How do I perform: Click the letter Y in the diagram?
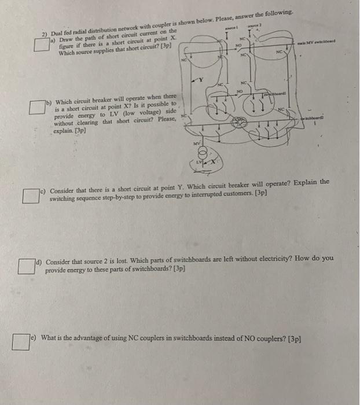pyautogui.click(x=200, y=79)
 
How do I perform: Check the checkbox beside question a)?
pyautogui.click(x=41, y=44)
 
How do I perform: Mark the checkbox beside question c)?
pyautogui.click(x=31, y=196)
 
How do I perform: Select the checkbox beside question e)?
pyautogui.click(x=22, y=343)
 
